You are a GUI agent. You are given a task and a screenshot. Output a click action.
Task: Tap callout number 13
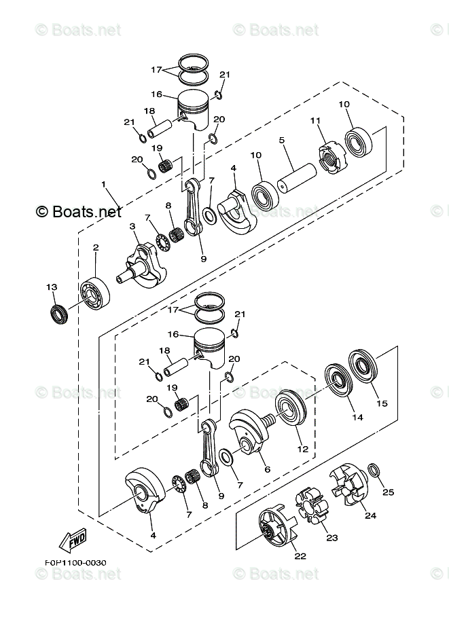pyautogui.click(x=52, y=288)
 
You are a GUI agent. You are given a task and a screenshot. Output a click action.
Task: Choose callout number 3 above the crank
pyautogui.click(x=132, y=226)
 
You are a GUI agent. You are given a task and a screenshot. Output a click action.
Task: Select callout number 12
pyautogui.click(x=302, y=449)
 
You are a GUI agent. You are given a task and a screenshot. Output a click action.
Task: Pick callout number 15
pyautogui.click(x=382, y=403)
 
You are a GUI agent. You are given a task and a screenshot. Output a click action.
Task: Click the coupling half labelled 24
pyautogui.click(x=351, y=487)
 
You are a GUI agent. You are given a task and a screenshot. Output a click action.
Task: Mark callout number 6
pyautogui.click(x=267, y=469)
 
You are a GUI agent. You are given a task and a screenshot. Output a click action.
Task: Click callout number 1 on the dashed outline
pyautogui.click(x=105, y=184)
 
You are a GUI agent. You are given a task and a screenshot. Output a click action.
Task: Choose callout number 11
pyautogui.click(x=314, y=121)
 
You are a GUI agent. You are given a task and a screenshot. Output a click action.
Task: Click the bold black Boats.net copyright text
pyautogui.click(x=79, y=211)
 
